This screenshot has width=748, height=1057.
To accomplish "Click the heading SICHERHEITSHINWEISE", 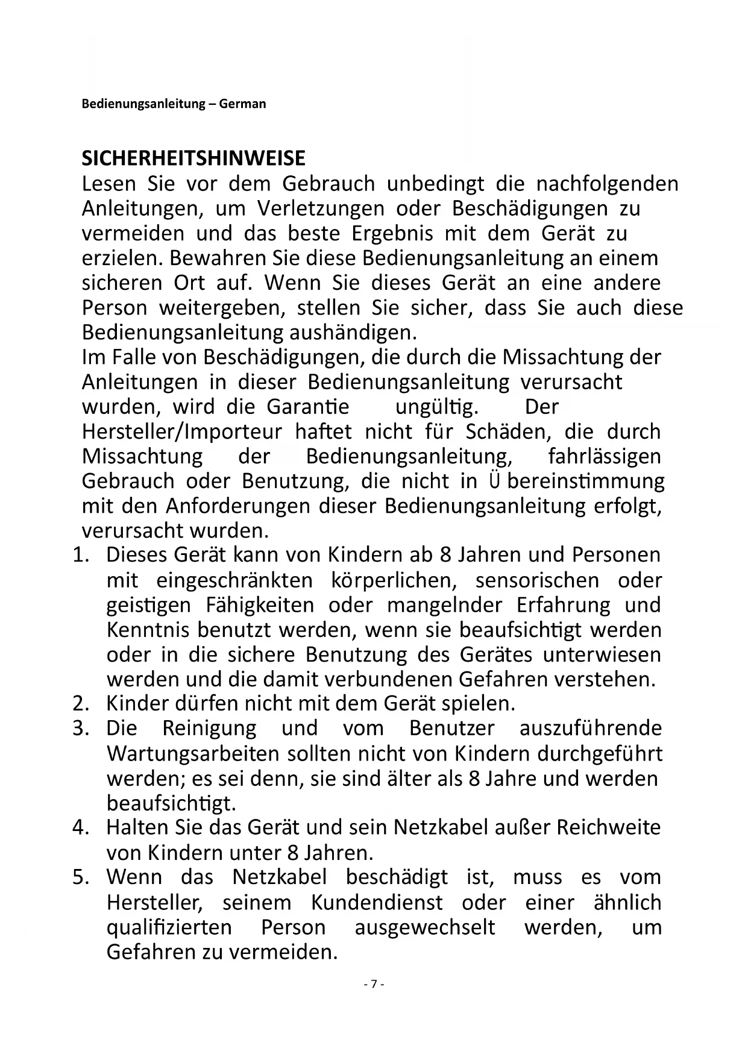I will (x=193, y=158).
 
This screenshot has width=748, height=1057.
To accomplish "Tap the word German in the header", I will (x=242, y=104).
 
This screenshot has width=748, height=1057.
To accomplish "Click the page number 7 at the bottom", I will (x=374, y=984).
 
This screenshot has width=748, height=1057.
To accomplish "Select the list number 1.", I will (x=80, y=555).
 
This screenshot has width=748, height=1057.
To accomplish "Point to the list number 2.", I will (x=80, y=703).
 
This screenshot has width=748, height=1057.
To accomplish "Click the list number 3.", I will (x=80, y=728).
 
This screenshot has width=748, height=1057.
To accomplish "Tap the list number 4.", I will (x=80, y=827).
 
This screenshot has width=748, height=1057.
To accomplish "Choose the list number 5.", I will (x=80, y=877).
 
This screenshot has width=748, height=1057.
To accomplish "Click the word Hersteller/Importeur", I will (x=181, y=431).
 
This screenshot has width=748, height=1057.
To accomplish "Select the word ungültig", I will (x=436, y=407).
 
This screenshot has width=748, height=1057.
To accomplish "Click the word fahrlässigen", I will (x=605, y=456).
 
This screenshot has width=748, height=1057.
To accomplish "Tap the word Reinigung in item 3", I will (x=209, y=728).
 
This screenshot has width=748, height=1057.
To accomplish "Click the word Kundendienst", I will (x=377, y=902).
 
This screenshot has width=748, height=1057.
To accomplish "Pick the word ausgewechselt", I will (x=425, y=927).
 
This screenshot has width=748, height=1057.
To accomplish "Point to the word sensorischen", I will (x=538, y=580).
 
